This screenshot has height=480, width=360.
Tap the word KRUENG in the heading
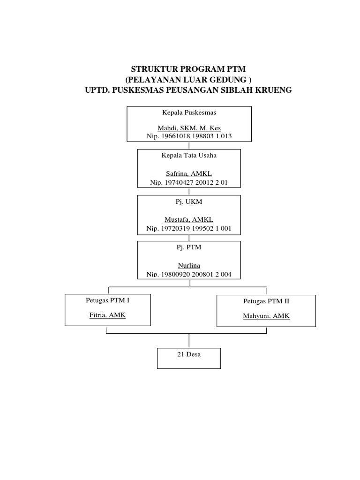click(273, 90)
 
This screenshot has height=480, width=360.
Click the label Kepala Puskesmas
click(189, 113)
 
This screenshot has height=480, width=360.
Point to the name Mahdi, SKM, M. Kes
click(189, 128)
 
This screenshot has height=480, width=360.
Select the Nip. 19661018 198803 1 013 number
click(189, 136)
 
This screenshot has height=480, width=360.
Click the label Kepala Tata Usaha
click(188, 156)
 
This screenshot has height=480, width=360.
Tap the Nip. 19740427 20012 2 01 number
click(188, 183)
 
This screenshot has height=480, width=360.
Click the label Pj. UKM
click(188, 201)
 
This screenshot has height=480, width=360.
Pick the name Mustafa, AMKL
click(188, 220)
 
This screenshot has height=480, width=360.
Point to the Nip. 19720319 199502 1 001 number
click(188, 228)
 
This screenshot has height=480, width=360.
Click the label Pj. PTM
click(188, 247)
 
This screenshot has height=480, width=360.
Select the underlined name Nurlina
click(188, 265)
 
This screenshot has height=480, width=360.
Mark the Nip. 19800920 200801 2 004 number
click(188, 274)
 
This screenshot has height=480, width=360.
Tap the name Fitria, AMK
click(107, 315)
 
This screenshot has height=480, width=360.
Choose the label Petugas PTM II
click(266, 301)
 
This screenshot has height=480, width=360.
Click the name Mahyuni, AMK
click(266, 316)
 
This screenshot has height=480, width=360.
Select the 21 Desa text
click(188, 354)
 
